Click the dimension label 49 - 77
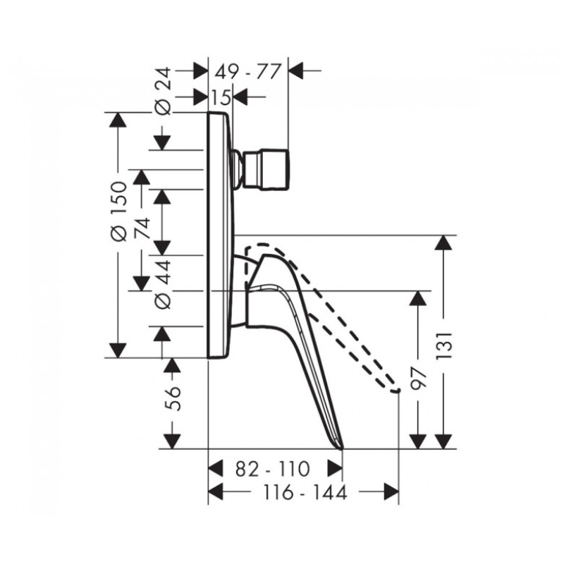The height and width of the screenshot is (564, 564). (247, 72)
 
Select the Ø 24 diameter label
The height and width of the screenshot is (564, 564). (163, 92)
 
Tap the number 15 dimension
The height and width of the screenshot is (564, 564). (221, 97)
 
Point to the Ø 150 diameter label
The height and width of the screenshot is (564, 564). (118, 211)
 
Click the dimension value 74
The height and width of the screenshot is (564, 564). (142, 228)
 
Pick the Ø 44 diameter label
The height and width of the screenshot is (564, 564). (163, 285)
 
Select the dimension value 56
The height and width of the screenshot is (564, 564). (173, 398)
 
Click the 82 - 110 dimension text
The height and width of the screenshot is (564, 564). (273, 469)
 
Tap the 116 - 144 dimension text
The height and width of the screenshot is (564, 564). (305, 492)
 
